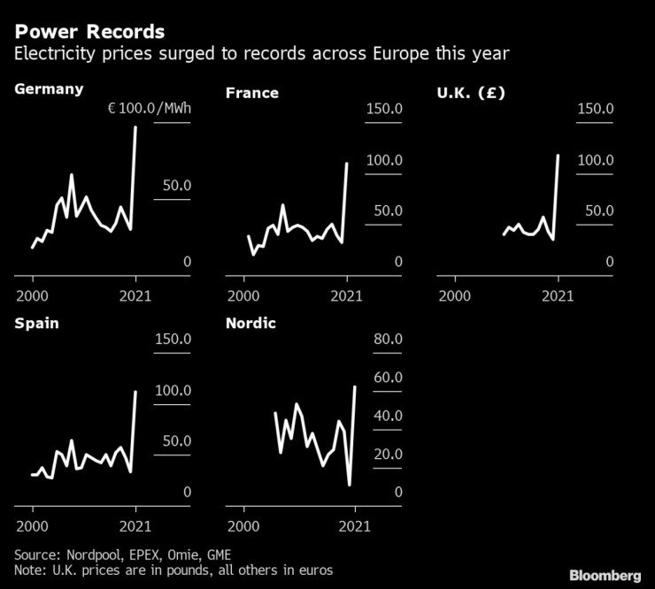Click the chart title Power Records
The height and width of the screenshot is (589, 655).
coord(89,32)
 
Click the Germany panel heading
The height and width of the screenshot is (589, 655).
coord(49,88)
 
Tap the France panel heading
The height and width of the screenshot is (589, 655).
coord(252,92)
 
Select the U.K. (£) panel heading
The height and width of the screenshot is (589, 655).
coord(471,92)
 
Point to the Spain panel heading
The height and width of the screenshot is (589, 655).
coord(37,323)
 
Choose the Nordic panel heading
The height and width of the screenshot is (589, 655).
coord(250,323)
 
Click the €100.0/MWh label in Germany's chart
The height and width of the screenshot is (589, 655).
coord(150,109)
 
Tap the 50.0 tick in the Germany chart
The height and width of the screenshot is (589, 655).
coord(174,186)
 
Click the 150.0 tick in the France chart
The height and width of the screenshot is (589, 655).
coord(385,109)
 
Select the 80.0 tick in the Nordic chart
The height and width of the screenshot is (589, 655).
coord(388,340)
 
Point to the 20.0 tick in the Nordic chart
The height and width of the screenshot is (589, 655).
coord(388,455)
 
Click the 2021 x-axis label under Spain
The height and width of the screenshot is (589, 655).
coord(136,526)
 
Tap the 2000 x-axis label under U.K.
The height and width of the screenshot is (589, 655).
coord(455,296)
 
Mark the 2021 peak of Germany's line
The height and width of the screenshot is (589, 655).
coord(136,127)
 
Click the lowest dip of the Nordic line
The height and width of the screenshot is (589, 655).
coord(350,485)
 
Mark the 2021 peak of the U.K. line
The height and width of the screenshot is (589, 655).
coord(559,156)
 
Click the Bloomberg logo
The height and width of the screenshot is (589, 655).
coord(606,576)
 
